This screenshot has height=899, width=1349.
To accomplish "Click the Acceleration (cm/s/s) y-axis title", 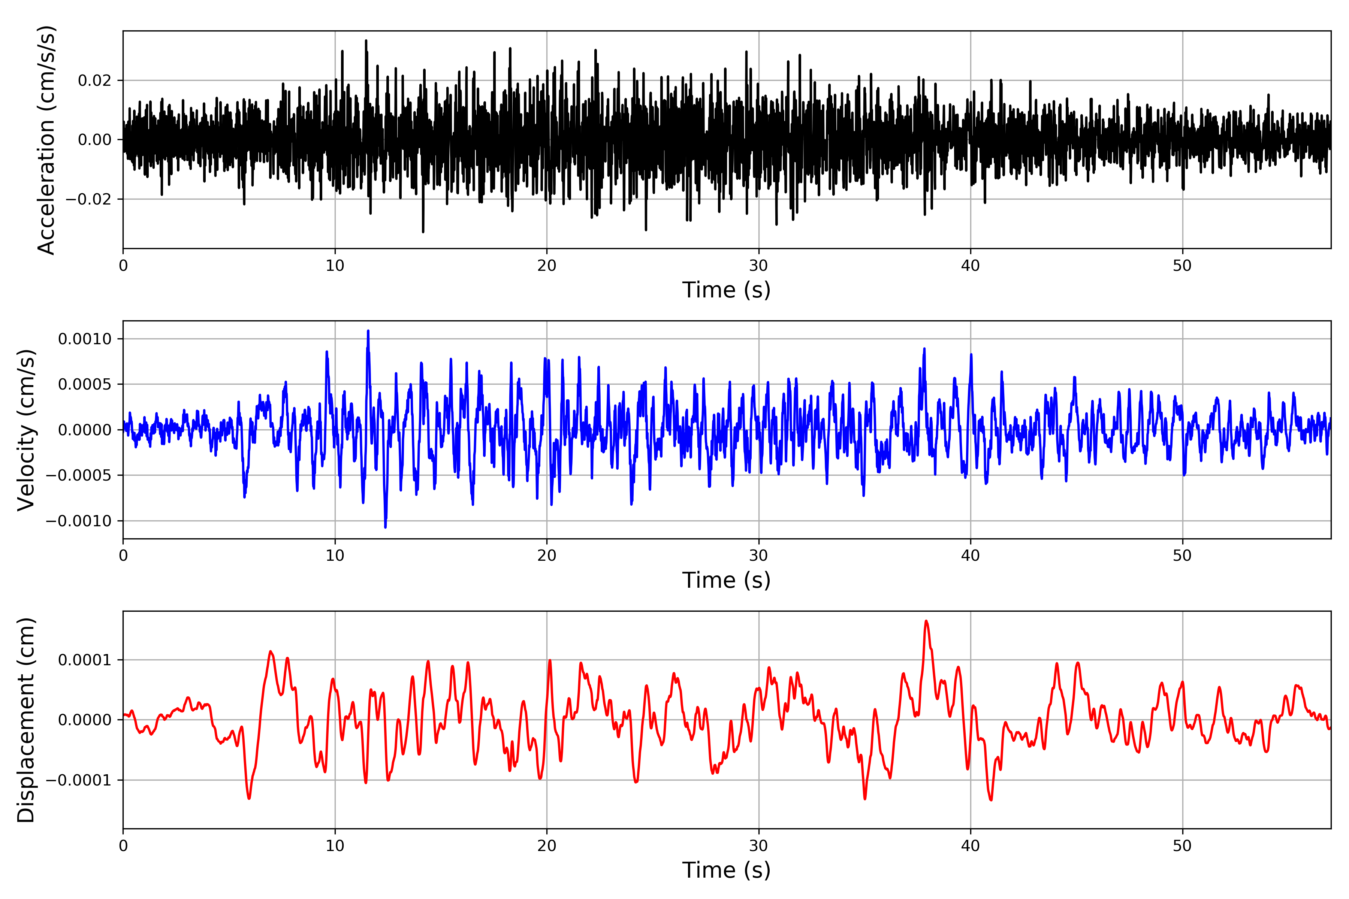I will pos(46,139).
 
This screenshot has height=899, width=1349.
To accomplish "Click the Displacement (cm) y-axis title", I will pos(26,720).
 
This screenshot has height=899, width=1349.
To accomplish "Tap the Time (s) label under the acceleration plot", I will pos(726,290).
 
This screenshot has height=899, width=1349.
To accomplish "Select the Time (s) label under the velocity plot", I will pos(726,580).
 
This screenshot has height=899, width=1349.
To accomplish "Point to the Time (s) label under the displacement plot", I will pos(726,870).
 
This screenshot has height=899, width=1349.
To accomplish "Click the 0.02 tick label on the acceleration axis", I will pos(95,80).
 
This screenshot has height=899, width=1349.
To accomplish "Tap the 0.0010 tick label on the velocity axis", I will pos(85,339).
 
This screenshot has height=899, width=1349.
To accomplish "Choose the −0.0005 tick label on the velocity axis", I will pos(79,475).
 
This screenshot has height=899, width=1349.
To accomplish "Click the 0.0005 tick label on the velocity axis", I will pos(85,384).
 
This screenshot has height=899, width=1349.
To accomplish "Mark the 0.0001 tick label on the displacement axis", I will pos(85,660).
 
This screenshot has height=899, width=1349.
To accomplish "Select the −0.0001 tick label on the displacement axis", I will pos(79,780).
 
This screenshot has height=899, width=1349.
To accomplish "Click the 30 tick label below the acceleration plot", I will pos(758,266).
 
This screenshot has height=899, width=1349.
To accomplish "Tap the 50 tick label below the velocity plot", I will pos(1182,556).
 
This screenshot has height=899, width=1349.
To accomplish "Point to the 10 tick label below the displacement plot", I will pos(335,846).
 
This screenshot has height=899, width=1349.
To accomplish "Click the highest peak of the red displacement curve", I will pos(926,621).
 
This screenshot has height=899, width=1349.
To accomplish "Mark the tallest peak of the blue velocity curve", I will pos(368,331).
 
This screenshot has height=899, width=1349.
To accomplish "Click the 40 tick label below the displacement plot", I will pos(971,846).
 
